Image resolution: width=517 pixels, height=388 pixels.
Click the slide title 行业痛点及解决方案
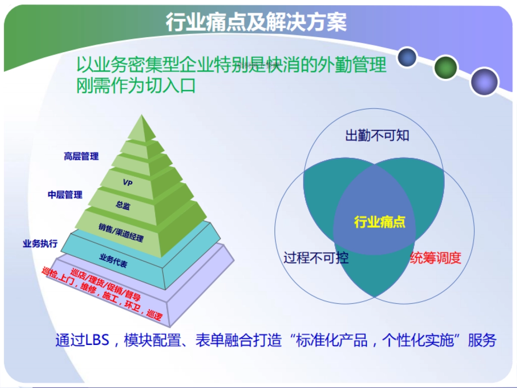(256, 22)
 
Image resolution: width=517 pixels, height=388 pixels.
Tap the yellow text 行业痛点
(380, 222)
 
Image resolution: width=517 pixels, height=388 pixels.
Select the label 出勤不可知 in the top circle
(377, 136)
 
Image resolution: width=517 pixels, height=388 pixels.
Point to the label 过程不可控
(316, 258)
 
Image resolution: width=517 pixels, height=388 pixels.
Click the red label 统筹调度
(435, 258)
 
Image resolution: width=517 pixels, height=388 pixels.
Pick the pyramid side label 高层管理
(81, 156)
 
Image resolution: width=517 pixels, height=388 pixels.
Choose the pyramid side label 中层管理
(65, 195)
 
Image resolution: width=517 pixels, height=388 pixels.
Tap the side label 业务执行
(40, 244)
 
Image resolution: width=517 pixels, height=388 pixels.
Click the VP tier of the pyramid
(127, 183)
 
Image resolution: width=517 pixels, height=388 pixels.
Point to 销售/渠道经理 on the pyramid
(121, 232)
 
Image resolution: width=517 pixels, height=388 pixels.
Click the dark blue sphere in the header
(407, 58)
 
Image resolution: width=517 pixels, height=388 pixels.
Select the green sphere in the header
(445, 68)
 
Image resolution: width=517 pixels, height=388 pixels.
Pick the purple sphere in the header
(484, 81)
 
